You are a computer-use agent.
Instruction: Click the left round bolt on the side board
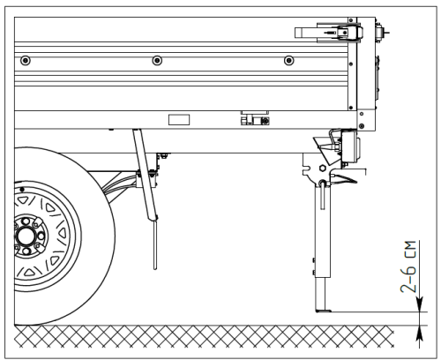pyautogui.click(x=25, y=60)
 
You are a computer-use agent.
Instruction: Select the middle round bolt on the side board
pyautogui.click(x=157, y=60)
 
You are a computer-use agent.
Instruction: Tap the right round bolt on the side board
pyautogui.click(x=289, y=60)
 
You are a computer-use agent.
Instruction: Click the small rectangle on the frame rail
pyautogui.click(x=179, y=117)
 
